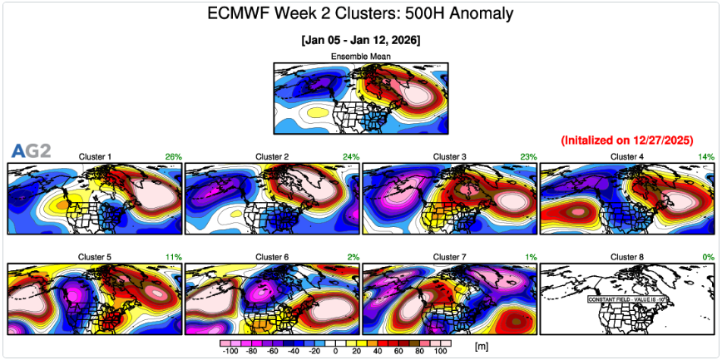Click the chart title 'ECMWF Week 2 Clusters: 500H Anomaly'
pyautogui.click(x=359, y=14)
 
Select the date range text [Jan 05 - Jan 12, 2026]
pyautogui.click(x=360, y=40)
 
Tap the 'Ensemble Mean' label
pyautogui.click(x=361, y=57)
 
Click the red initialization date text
pyautogui.click(x=627, y=140)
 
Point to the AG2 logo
pyautogui.click(x=31, y=150)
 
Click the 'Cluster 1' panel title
pyautogui.click(x=95, y=156)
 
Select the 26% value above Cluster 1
pyautogui.click(x=173, y=156)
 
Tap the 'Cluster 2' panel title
pyautogui.click(x=272, y=156)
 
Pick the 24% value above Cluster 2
pyautogui.click(x=350, y=156)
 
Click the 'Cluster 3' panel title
pyautogui.click(x=450, y=156)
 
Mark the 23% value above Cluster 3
pyautogui.click(x=528, y=156)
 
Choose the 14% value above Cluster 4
pyautogui.click(x=706, y=156)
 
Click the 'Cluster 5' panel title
pyautogui.click(x=95, y=257)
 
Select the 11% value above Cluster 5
pyautogui.click(x=173, y=257)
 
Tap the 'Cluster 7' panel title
pyautogui.click(x=450, y=257)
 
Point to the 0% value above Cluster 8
pyautogui.click(x=708, y=257)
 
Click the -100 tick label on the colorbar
pyautogui.click(x=230, y=353)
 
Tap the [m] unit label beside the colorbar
pyautogui.click(x=481, y=344)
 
